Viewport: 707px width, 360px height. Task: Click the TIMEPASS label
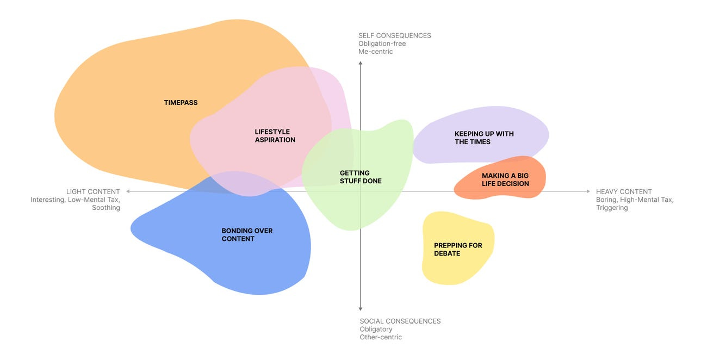point(181,103)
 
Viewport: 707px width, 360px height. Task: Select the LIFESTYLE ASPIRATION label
point(275,136)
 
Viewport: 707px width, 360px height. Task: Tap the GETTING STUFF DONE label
point(361,177)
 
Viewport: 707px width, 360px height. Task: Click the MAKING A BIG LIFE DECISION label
point(505,179)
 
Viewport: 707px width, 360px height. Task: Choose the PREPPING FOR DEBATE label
point(458,249)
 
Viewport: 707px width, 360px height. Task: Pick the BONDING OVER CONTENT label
point(247,235)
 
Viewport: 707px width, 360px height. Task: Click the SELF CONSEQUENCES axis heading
point(394,36)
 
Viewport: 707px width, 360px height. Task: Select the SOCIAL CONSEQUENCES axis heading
point(400,321)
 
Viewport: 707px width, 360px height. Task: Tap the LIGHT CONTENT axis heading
point(93,191)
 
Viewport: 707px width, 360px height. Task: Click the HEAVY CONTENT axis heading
point(624,191)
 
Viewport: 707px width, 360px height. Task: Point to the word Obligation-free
point(382,44)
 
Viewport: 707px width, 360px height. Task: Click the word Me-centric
point(375,52)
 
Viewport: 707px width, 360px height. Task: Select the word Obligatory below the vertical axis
point(376,329)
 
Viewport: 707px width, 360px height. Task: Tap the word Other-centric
point(381,337)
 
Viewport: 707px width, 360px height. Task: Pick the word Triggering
point(612,208)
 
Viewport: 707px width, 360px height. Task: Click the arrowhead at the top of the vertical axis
point(361,64)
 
